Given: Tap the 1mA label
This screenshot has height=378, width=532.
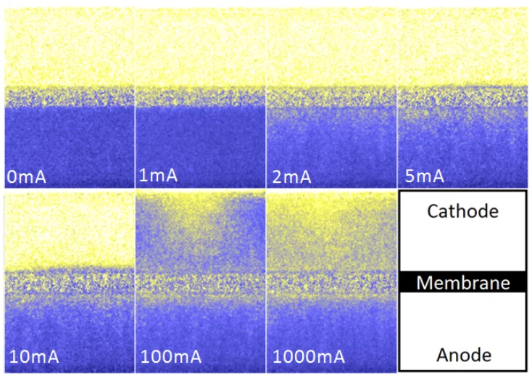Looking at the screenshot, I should click(x=158, y=176).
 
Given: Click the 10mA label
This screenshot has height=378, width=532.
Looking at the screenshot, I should click(x=34, y=356).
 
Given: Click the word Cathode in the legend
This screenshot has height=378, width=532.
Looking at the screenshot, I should click(x=462, y=212).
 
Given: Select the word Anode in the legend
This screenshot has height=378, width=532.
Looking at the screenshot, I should click(x=462, y=355).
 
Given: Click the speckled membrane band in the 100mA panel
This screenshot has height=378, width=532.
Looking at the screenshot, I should click(x=200, y=283).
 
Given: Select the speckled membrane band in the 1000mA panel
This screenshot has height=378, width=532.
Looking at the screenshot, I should click(x=332, y=283).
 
